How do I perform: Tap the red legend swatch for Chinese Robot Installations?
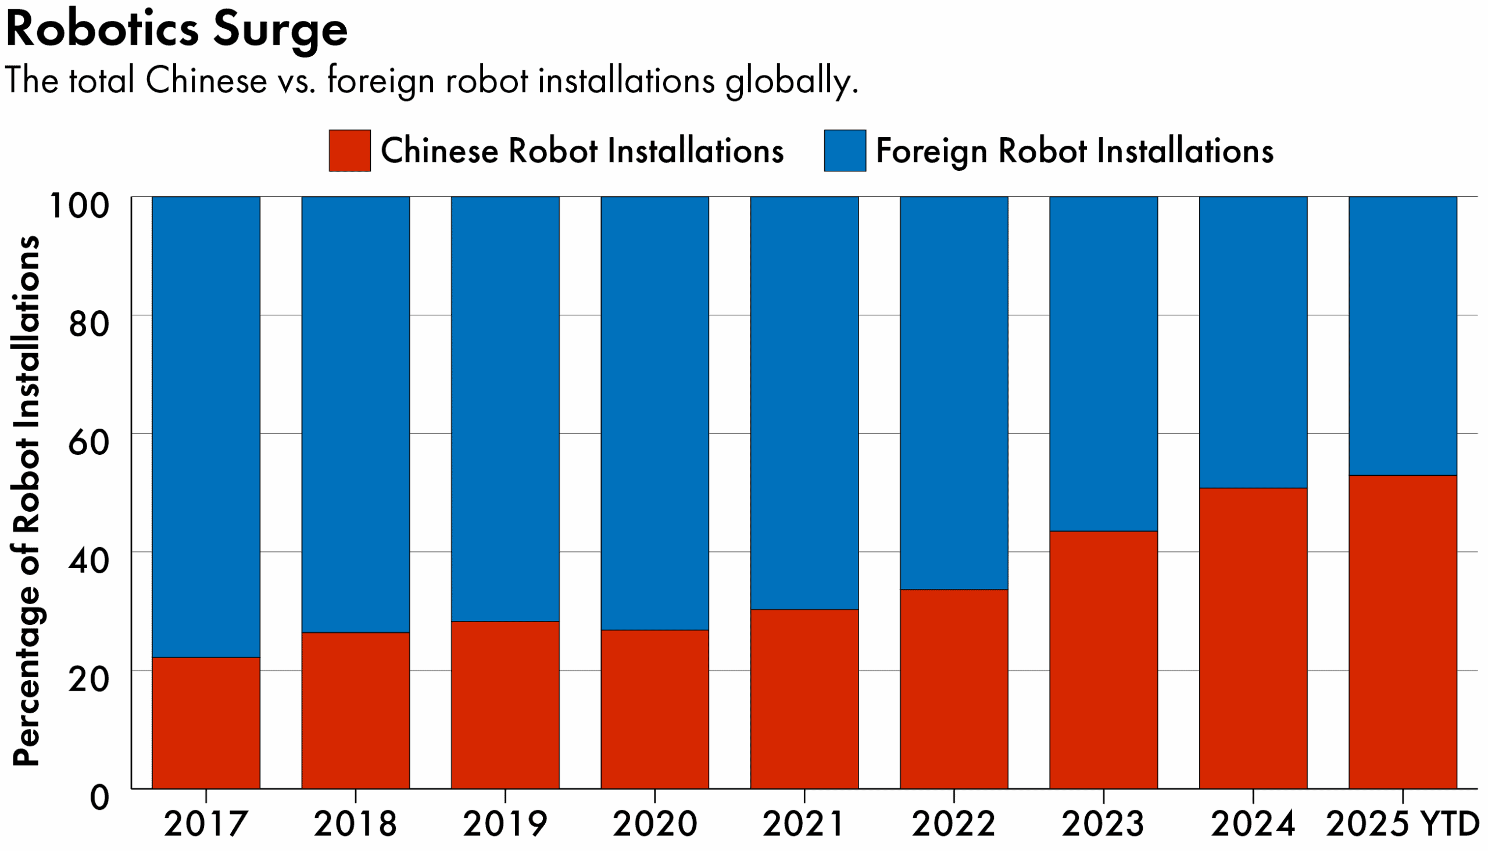point(350,151)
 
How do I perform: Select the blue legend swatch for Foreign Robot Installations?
point(845,151)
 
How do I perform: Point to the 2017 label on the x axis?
point(205,825)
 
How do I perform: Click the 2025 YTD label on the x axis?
point(1401,825)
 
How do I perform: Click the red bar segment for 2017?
point(206,723)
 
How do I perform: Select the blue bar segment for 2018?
point(356,415)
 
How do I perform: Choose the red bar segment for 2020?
point(655,710)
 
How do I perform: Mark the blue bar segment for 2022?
point(954,393)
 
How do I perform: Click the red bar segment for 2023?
point(1103,660)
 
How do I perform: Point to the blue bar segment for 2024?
point(1253,343)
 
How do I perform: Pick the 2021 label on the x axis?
point(804,825)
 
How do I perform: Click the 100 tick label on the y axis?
point(80,206)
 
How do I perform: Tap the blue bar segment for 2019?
point(505,409)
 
